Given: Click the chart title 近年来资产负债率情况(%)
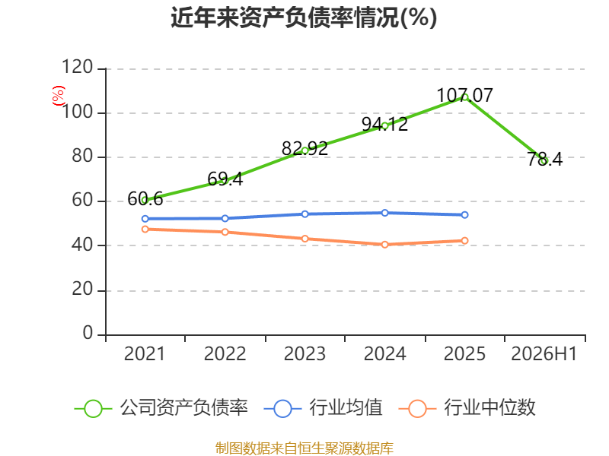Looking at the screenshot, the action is click(304, 17).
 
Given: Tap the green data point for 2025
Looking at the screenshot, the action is click(465, 97).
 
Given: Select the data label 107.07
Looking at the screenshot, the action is click(465, 96).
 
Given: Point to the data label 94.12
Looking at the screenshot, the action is click(384, 124).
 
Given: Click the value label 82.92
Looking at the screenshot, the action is click(305, 148).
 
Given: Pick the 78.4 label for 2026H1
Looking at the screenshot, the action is click(544, 159).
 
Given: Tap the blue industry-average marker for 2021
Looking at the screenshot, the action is click(145, 219).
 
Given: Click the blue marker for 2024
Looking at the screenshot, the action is click(385, 213).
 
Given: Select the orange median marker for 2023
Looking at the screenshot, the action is click(305, 239).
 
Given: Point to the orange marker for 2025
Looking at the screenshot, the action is click(465, 241).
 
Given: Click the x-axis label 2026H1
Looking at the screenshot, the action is click(544, 354).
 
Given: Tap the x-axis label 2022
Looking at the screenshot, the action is click(225, 354).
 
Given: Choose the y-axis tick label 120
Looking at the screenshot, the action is click(78, 67).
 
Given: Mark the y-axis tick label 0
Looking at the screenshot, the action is click(88, 333).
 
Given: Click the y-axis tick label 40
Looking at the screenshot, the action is click(82, 245).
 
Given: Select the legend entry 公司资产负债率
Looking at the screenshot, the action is click(161, 408).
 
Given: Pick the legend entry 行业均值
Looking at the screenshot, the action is click(323, 408).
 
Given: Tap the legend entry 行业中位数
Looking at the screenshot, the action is click(467, 408).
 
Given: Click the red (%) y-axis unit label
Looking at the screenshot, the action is click(59, 96).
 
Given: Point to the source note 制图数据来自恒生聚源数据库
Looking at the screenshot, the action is click(304, 448).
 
